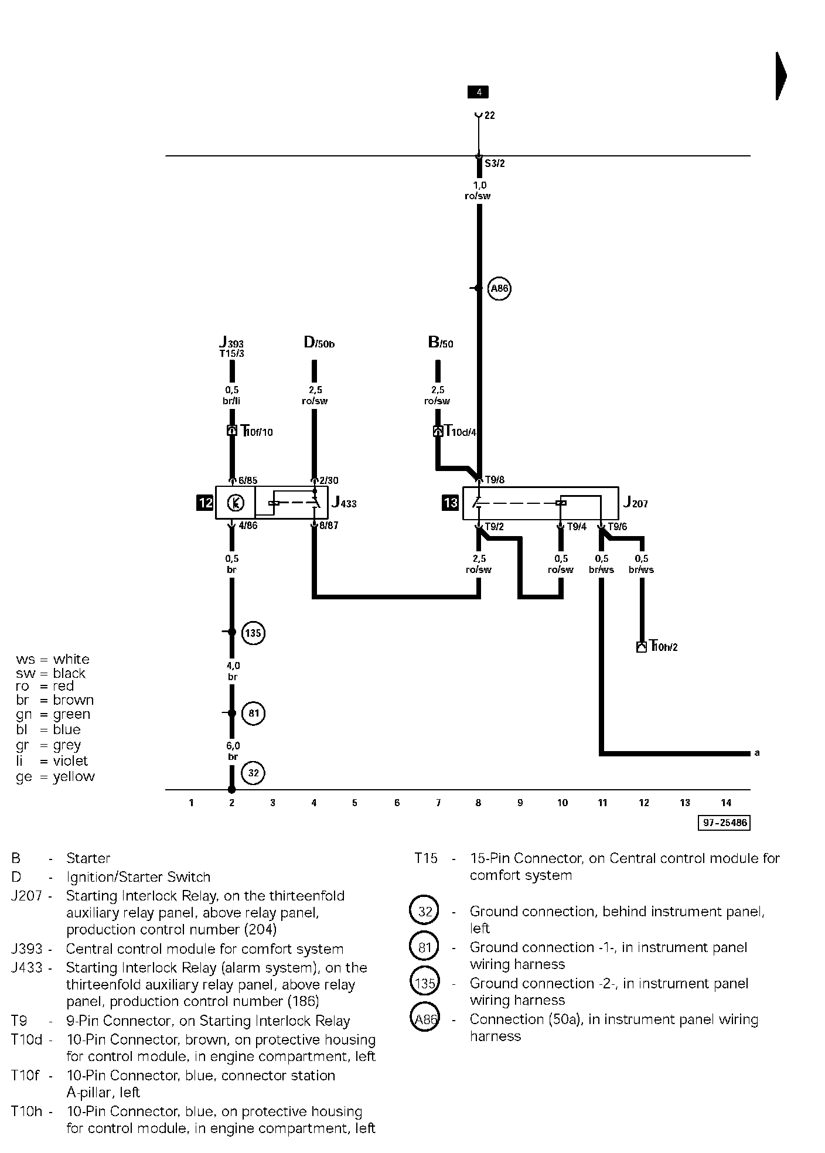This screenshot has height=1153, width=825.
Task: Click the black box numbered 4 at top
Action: point(478,92)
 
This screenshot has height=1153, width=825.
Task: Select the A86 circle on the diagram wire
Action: point(499,288)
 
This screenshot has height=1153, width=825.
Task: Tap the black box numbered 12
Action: point(205,503)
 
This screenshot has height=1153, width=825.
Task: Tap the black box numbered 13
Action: point(450,503)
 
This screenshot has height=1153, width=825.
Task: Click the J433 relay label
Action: point(344,503)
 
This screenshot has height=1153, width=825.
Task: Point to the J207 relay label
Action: point(635,502)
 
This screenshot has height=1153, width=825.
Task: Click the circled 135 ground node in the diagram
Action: point(253,633)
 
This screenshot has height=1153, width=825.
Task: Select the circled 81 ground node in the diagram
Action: point(254,714)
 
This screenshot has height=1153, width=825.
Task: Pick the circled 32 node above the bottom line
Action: point(253,773)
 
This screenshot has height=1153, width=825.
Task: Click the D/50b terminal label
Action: point(319,343)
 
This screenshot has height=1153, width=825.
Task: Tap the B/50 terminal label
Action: point(441,343)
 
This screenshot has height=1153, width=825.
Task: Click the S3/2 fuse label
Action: point(495,163)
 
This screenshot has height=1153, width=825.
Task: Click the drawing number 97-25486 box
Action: point(725,823)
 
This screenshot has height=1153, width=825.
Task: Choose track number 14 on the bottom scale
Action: point(726,803)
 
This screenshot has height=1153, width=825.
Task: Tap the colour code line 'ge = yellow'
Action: point(55,777)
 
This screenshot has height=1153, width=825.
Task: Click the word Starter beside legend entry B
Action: point(88,858)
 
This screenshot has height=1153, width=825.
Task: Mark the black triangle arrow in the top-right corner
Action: point(781,76)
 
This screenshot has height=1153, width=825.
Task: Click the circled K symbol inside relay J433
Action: point(236,503)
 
